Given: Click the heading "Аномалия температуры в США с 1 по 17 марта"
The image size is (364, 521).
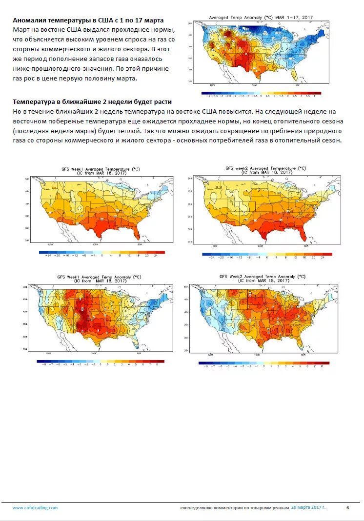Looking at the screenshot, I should click(x=88, y=20).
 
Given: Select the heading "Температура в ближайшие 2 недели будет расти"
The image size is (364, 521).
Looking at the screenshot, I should click(x=92, y=102).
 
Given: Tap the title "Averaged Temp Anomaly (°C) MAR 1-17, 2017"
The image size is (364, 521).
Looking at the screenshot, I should click(x=261, y=18).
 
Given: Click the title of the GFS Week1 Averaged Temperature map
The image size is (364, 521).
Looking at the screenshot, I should click(x=100, y=170).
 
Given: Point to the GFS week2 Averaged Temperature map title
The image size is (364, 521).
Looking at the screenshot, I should click(x=265, y=170).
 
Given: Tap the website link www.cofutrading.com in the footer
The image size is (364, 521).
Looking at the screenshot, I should click(x=35, y=508).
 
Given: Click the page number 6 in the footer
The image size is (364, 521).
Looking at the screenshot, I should click(x=347, y=508).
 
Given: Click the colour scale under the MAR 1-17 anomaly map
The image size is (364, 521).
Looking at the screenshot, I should click(x=261, y=93).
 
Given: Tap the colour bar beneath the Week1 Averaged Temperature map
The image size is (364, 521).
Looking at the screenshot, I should click(x=101, y=252).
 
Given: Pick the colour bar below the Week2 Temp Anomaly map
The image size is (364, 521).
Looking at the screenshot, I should click(x=264, y=362).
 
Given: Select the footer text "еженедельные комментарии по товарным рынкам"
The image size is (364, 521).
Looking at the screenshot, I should click(x=235, y=508).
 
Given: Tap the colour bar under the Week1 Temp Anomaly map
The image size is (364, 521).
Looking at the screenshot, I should click(x=101, y=361).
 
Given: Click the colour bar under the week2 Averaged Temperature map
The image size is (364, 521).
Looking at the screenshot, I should click(x=266, y=254).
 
